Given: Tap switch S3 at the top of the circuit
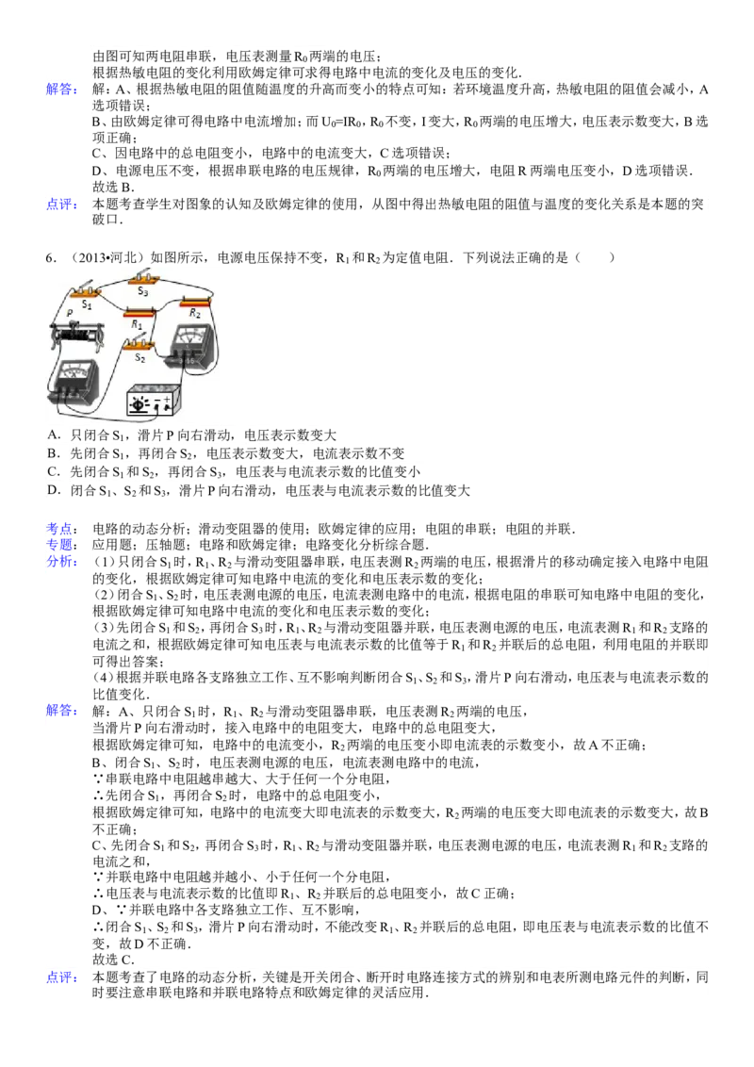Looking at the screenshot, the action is coord(143,277).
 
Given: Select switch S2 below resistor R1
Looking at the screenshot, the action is coord(139,346).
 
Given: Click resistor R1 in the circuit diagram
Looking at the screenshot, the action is coord(139,312).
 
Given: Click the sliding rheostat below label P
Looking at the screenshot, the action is coord(75,335).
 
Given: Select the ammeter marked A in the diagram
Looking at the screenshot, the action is coord(73,379).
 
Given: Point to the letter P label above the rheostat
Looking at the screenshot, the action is coord(70,312).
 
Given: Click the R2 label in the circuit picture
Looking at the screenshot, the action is coord(194,313).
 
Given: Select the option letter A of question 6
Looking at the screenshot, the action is coord(53,435).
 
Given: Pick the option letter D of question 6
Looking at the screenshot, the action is coord(53,490).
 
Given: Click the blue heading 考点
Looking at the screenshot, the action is coord(61,529).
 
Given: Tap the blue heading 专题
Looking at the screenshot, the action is coord(61,545).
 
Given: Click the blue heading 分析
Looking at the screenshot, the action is coord(61,562).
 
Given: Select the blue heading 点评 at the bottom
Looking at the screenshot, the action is coord(61,977).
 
